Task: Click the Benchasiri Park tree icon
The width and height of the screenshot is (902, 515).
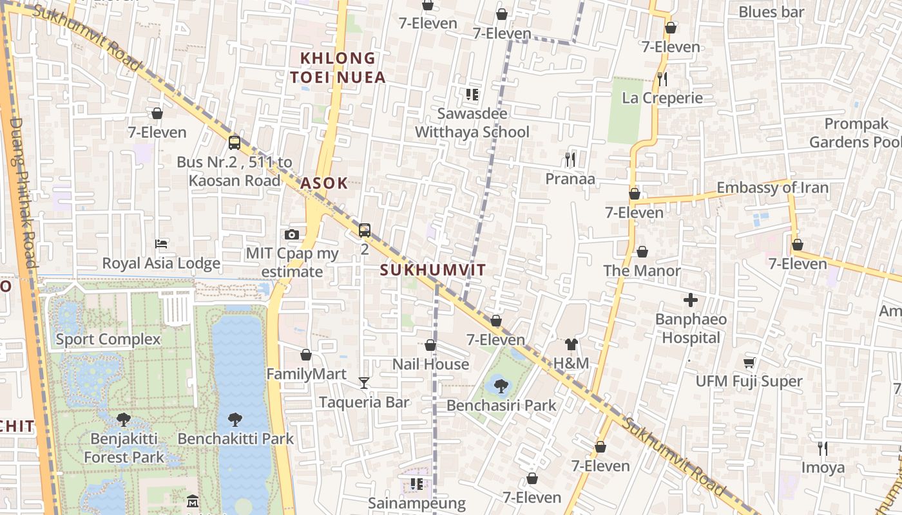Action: pos(501,386)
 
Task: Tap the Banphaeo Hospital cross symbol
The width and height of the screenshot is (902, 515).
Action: pos(691,300)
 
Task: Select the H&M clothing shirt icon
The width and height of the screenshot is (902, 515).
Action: pos(571,344)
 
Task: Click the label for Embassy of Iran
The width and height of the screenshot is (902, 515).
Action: pos(772,188)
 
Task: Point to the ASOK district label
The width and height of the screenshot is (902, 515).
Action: pos(324,183)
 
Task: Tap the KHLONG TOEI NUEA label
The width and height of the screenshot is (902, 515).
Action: pos(338,68)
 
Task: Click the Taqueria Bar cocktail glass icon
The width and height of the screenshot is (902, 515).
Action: pos(364,384)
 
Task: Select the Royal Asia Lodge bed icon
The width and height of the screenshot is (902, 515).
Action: pos(161,244)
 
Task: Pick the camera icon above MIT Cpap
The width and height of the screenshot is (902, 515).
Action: pos(292,234)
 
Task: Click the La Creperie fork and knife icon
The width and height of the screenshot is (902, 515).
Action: pos(662,79)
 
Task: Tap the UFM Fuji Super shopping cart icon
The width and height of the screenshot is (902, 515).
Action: pos(749,363)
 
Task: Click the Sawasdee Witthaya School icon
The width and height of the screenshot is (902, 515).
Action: pos(472,95)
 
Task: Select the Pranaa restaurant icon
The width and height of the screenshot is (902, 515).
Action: pos(570,159)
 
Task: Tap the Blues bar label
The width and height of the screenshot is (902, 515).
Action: pos(771,12)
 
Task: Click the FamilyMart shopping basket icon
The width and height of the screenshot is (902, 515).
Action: pos(306,355)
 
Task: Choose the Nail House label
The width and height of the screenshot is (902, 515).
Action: pos(430,364)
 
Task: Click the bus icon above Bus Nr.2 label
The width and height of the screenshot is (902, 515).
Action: pos(235,143)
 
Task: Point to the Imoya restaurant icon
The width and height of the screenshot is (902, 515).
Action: pos(822,448)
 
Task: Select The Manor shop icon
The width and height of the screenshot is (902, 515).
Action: pos(642,252)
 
